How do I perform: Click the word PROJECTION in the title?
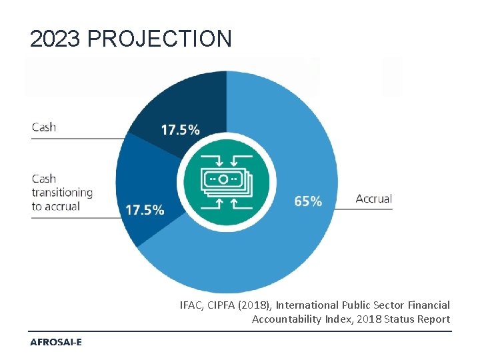[160, 39]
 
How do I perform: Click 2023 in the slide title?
[56, 39]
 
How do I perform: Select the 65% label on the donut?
[308, 201]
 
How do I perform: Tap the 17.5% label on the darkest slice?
[180, 130]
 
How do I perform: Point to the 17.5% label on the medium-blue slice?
[145, 210]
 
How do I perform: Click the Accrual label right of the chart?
[373, 199]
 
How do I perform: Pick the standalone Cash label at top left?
[44, 127]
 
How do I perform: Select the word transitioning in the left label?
[62, 193]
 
